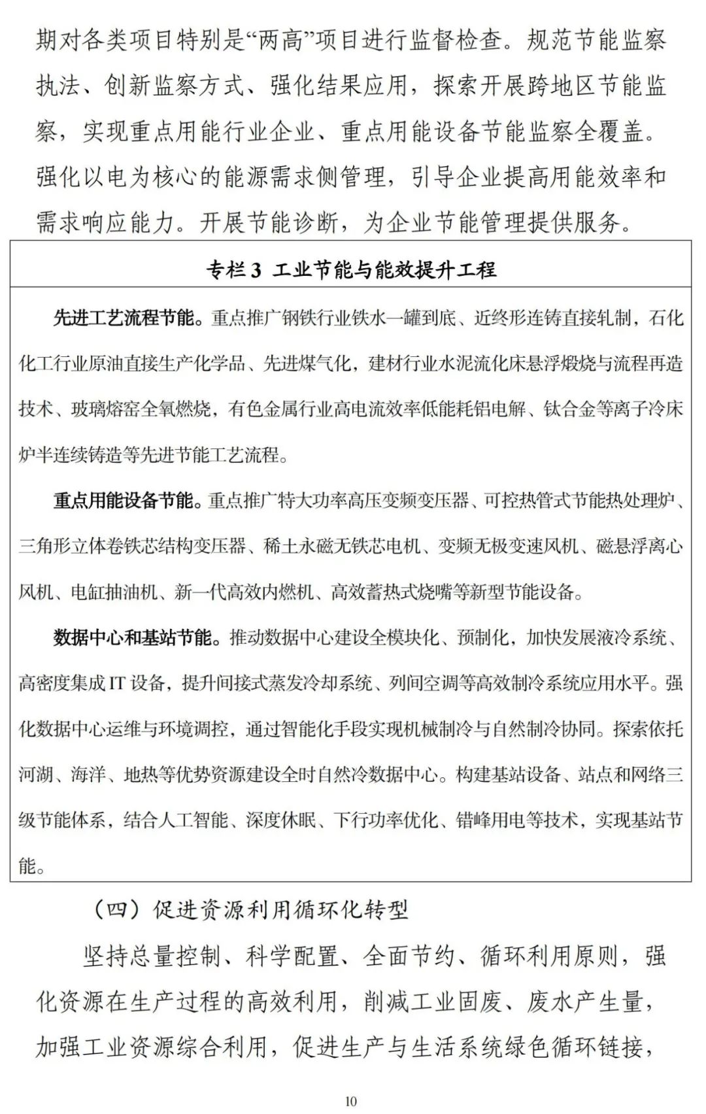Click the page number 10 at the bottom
pyautogui.click(x=351, y=1102)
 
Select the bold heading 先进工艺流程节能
pyautogui.click(x=124, y=318)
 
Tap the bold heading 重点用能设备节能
pyautogui.click(x=124, y=501)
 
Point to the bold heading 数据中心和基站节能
pyautogui.click(x=133, y=637)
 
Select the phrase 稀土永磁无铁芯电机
pyautogui.click(x=343, y=547)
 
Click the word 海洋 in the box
pyautogui.click(x=88, y=775)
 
